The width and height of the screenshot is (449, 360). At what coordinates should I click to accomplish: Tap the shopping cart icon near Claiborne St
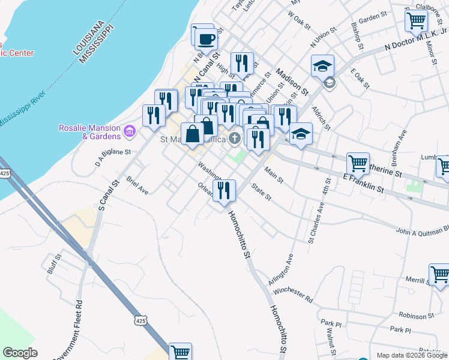click(416, 20)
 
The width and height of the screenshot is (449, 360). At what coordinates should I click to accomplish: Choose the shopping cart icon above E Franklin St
click(358, 163)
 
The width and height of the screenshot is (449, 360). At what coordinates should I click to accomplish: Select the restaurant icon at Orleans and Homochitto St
click(224, 191)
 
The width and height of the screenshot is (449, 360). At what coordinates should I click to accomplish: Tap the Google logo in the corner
click(20, 353)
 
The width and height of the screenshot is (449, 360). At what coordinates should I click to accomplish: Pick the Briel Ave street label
click(137, 185)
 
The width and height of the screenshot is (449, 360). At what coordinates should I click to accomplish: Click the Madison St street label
click(291, 82)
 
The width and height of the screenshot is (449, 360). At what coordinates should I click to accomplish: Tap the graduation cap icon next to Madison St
click(322, 66)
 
